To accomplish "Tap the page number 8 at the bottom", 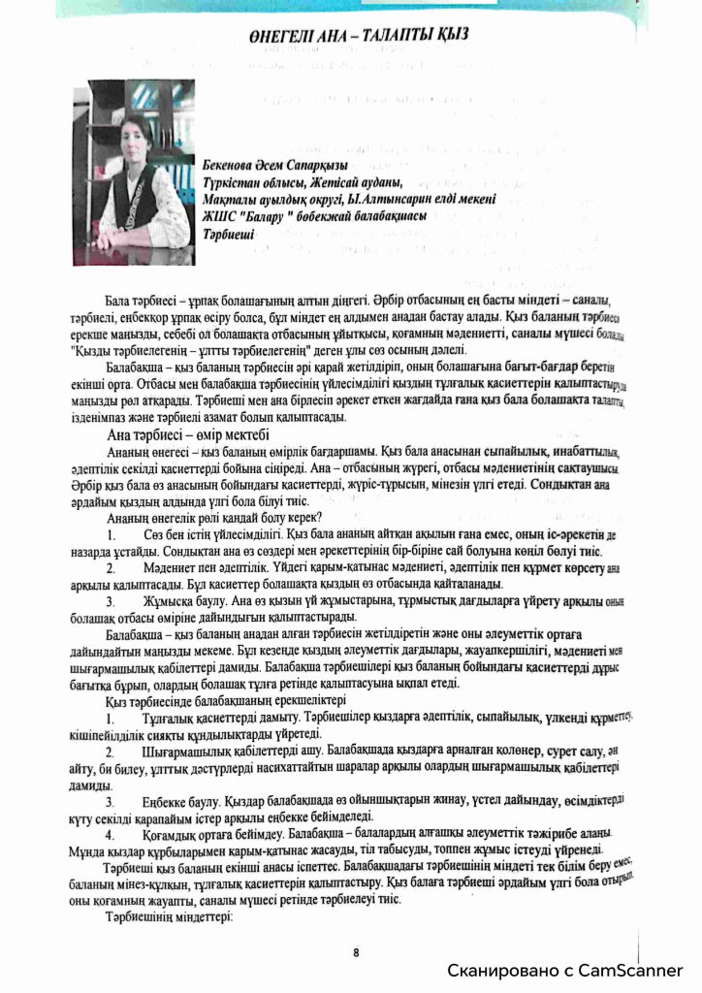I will click(x=356, y=952).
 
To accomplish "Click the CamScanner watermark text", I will click(x=565, y=970).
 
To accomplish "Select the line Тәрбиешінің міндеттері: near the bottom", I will click(x=171, y=916).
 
